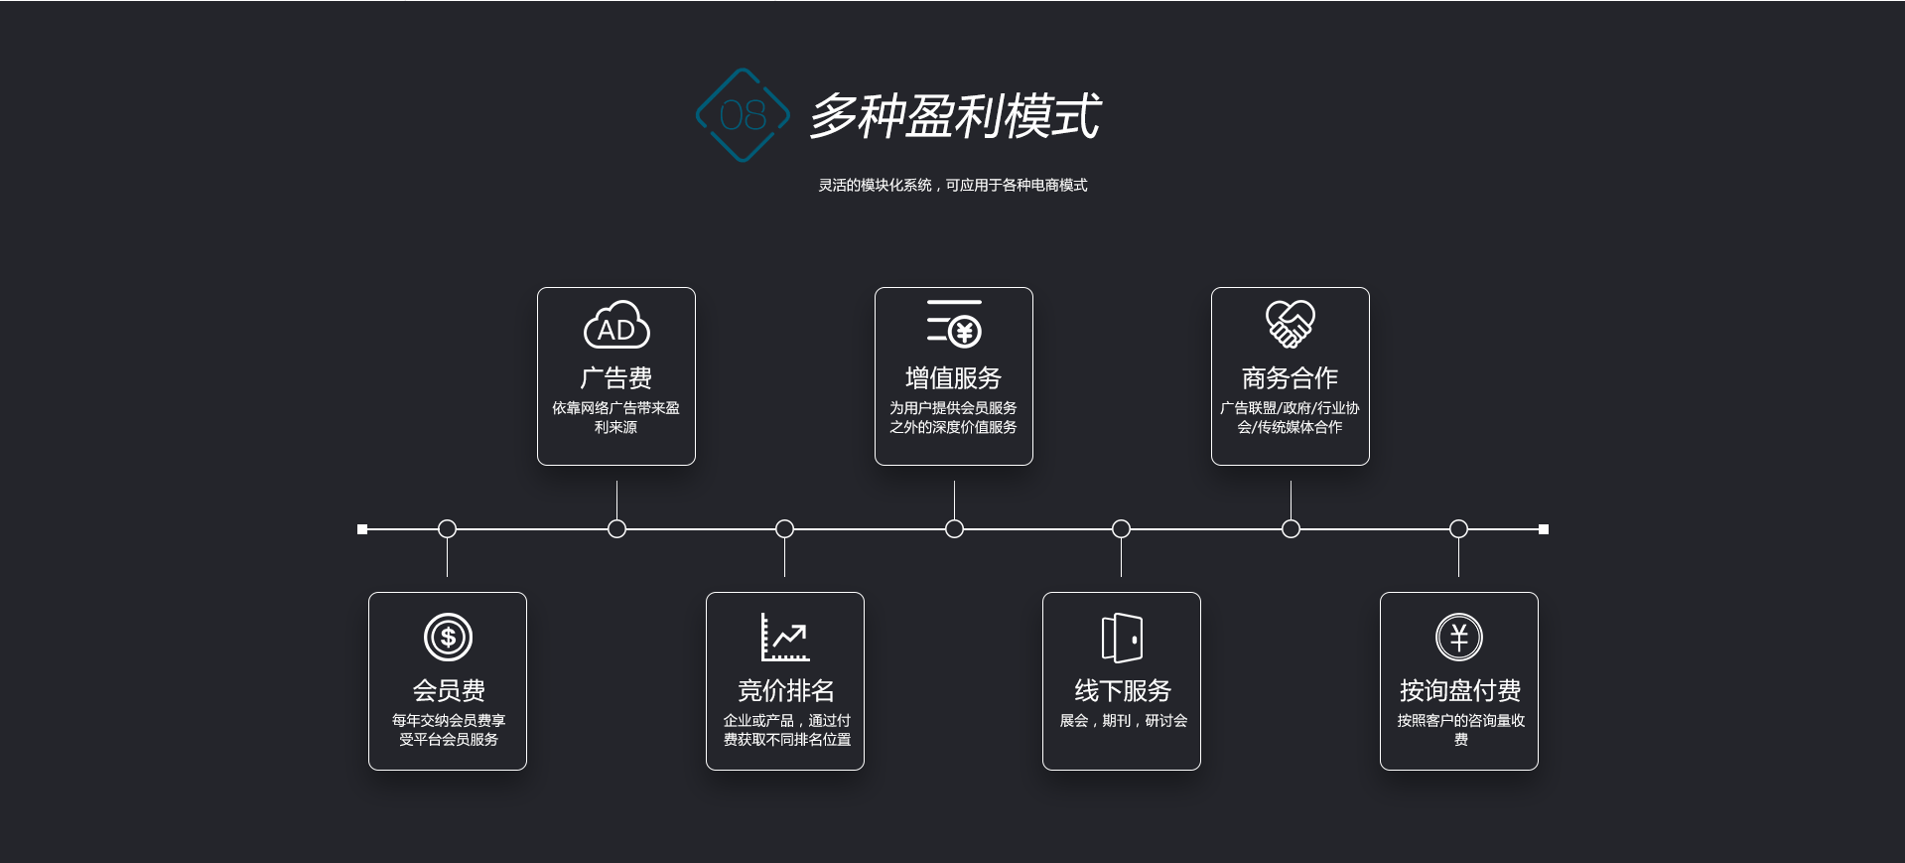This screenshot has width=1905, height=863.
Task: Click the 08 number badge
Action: pyautogui.click(x=743, y=115)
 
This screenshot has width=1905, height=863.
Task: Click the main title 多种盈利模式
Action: pyautogui.click(x=954, y=116)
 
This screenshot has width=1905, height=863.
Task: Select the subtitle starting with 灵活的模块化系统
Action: pyautogui.click(x=952, y=185)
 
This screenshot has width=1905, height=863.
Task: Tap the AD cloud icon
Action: pyautogui.click(x=616, y=326)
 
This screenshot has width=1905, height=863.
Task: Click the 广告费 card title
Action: pyautogui.click(x=616, y=378)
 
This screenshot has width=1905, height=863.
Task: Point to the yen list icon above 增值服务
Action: pyautogui.click(x=954, y=324)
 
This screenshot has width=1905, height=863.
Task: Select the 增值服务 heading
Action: pyautogui.click(x=954, y=378)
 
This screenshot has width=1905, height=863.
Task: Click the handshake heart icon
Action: pyautogui.click(x=1291, y=324)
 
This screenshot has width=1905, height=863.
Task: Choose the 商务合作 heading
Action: pyautogui.click(x=1291, y=378)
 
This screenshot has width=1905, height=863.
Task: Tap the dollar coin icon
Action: pyautogui.click(x=448, y=637)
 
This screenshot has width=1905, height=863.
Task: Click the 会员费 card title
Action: pyautogui.click(x=449, y=690)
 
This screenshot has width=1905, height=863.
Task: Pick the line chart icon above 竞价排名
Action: pyautogui.click(x=785, y=637)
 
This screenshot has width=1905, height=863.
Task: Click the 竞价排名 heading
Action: pyautogui.click(x=785, y=690)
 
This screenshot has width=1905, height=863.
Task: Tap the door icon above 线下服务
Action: pyautogui.click(x=1122, y=637)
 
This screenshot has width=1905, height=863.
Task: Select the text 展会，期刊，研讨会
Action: pyautogui.click(x=1123, y=721)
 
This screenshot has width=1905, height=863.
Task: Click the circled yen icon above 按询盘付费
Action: pyautogui.click(x=1459, y=637)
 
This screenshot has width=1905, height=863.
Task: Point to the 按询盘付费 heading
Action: pyautogui.click(x=1460, y=690)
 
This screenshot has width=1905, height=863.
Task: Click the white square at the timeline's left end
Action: pyautogui.click(x=362, y=529)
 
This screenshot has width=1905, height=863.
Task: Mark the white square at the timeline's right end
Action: pyautogui.click(x=1544, y=529)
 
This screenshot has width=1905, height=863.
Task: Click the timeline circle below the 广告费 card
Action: pyautogui.click(x=616, y=529)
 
